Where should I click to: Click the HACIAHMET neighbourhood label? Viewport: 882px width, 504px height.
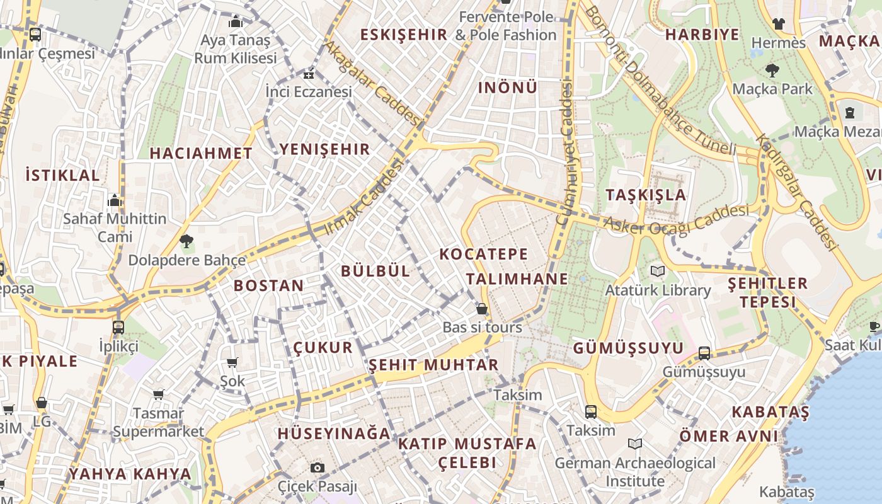[x=201, y=153]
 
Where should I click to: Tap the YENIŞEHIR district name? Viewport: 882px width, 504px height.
[x=324, y=149]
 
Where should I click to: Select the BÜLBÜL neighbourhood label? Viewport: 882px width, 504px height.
[x=375, y=271]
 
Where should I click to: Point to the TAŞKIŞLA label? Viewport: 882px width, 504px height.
[x=646, y=195]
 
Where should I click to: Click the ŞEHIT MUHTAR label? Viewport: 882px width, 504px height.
[x=433, y=365]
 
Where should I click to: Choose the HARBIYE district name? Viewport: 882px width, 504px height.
[x=702, y=35]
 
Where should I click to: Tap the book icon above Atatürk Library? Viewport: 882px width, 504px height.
[x=658, y=272]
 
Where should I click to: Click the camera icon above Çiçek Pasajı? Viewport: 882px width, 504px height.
[x=318, y=467]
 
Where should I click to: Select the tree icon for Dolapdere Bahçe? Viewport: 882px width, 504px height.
[x=186, y=241]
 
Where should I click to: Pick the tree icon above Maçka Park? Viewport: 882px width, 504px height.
[x=772, y=70]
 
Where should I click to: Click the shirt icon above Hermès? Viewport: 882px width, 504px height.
[x=779, y=24]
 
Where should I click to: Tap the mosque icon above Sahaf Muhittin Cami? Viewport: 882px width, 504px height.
[x=115, y=200]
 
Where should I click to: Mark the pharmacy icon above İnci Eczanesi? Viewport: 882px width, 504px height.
[x=309, y=74]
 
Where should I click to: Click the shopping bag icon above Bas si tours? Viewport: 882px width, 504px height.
[x=482, y=309]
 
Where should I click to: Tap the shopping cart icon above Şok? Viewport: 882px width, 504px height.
[x=232, y=362]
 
